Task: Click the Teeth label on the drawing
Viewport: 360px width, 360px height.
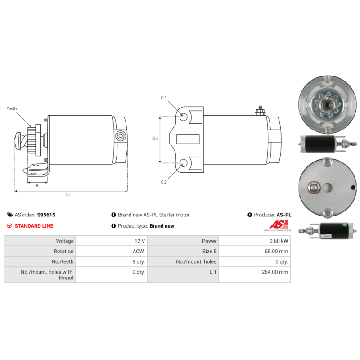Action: pyautogui.click(x=12, y=109)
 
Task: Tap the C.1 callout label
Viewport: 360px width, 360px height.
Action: pyautogui.click(x=163, y=98)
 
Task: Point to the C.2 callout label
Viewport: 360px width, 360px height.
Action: pyautogui.click(x=164, y=182)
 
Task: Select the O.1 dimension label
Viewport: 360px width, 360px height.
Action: pyautogui.click(x=155, y=139)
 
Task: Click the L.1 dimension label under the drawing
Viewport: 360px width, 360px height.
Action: pyautogui.click(x=68, y=195)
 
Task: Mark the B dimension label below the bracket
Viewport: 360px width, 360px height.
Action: pyautogui.click(x=37, y=186)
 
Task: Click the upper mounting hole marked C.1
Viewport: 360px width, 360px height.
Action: pyautogui.click(x=183, y=117)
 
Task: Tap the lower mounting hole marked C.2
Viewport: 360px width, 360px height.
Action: pyautogui.click(x=183, y=163)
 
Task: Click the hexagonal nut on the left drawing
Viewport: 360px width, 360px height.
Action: pyautogui.click(x=120, y=136)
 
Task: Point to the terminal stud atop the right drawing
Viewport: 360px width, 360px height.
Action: pyautogui.click(x=261, y=110)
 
